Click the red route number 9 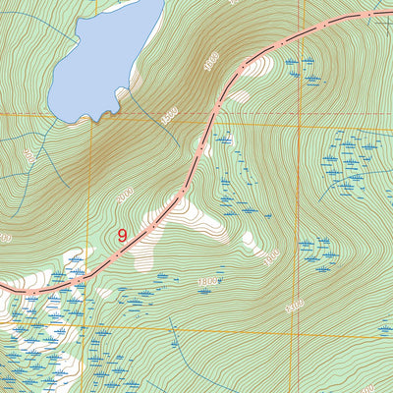click(122, 236)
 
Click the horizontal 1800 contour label click(206, 283)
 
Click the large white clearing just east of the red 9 click(187, 221)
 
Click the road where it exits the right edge click(389, 11)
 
